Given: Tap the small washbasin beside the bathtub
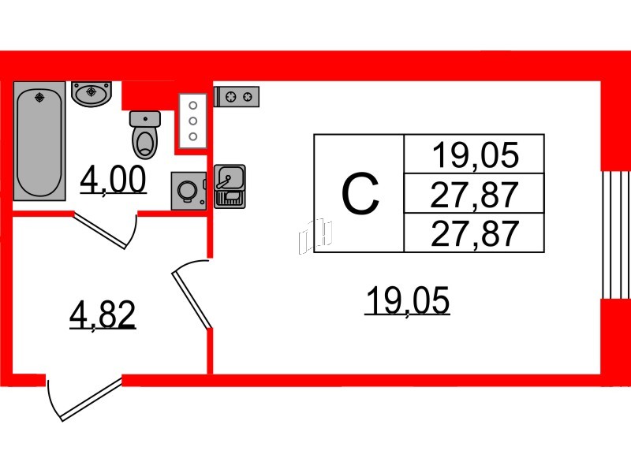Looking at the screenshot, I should (93, 93).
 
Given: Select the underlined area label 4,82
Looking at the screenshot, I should (103, 315).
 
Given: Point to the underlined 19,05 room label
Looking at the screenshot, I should (406, 302).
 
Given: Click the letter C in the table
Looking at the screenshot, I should (360, 194).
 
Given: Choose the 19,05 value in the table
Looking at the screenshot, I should (474, 155).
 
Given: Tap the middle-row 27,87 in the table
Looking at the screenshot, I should (474, 193).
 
